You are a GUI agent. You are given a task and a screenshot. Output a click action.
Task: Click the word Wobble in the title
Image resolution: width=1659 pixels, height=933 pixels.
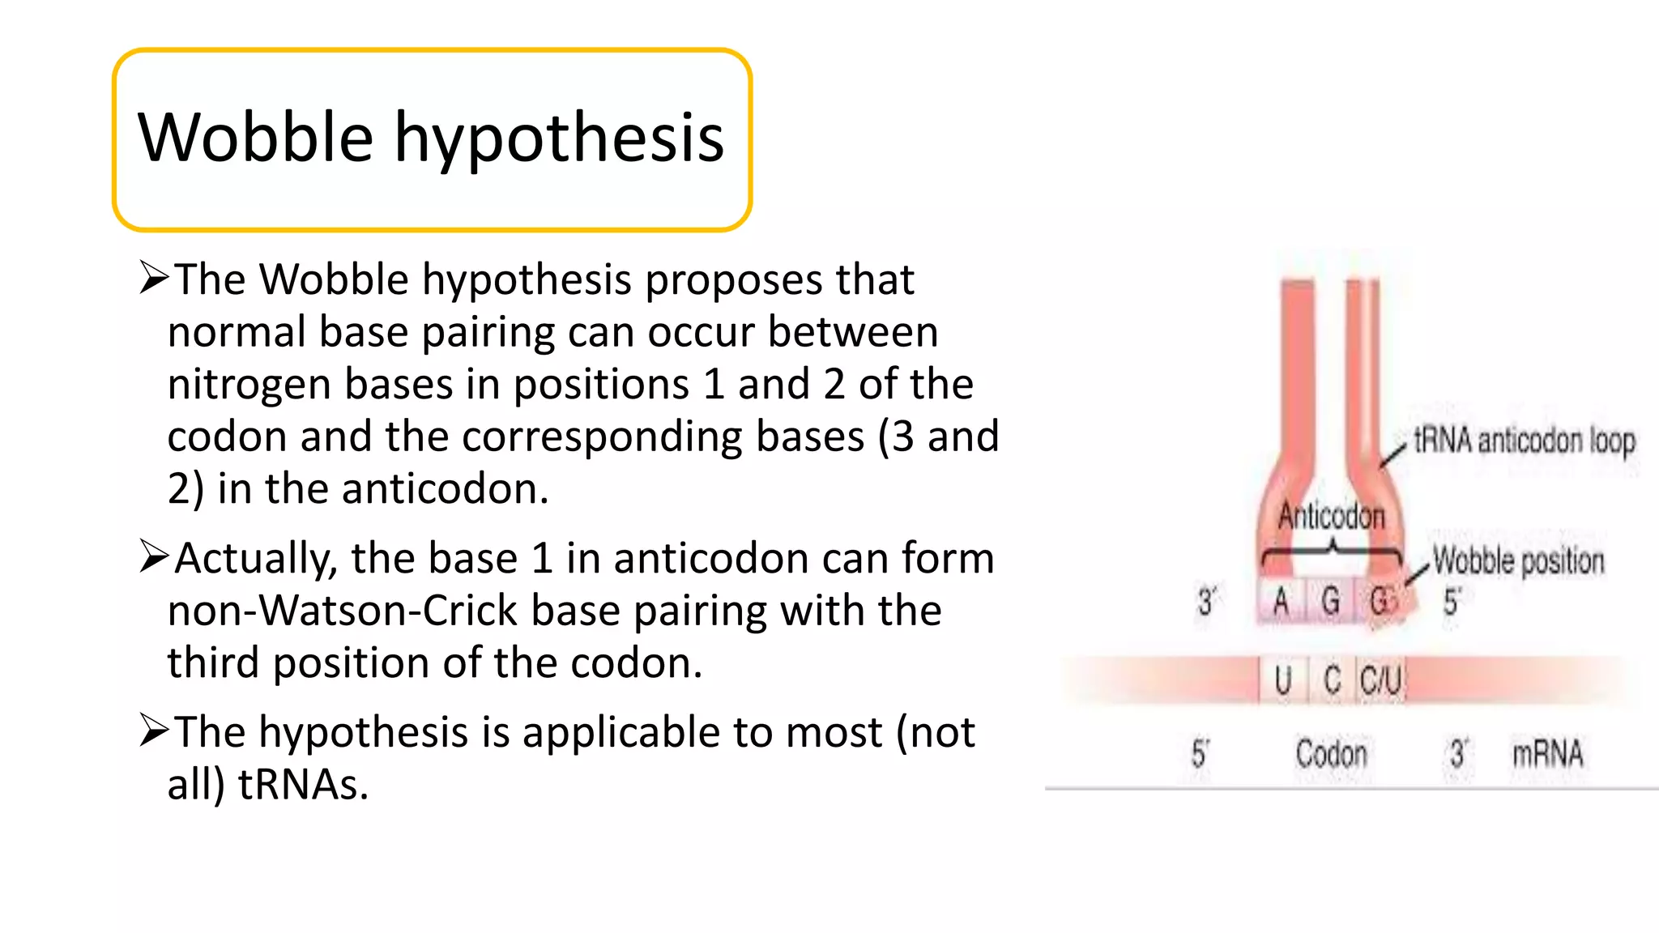[255, 138]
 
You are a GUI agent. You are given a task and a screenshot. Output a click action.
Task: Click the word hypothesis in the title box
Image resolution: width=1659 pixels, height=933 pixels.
[559, 139]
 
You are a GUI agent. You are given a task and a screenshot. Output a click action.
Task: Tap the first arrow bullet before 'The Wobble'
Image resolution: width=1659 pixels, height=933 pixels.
[153, 277]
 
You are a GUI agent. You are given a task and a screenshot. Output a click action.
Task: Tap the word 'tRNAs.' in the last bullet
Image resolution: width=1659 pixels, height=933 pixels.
[303, 784]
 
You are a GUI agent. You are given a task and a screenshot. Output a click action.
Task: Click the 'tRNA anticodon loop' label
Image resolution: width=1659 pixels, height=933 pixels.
[1524, 441]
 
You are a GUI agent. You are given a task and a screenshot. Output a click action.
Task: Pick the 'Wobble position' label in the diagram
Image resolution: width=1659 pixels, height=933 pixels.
[1518, 560]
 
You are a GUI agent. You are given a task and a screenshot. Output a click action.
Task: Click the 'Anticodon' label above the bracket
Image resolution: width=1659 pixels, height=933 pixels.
[1332, 516]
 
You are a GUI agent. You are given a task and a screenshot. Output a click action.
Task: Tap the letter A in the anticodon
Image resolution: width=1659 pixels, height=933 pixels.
[1281, 602]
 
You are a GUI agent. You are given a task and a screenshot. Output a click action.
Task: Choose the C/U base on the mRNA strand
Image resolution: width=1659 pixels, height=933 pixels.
[1380, 680]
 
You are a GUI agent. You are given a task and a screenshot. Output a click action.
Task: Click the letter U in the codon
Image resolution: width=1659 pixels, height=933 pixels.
[1282, 680]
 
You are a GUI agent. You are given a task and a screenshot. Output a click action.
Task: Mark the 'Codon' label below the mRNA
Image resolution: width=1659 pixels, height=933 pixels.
[1331, 753]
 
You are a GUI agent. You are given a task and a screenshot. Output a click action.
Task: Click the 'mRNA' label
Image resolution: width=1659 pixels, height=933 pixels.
[1547, 753]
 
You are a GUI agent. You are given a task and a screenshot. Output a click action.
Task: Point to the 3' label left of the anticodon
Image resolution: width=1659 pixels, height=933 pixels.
[1206, 602]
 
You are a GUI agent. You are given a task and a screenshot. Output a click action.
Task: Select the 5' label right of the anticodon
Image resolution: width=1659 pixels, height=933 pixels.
[1452, 602]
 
